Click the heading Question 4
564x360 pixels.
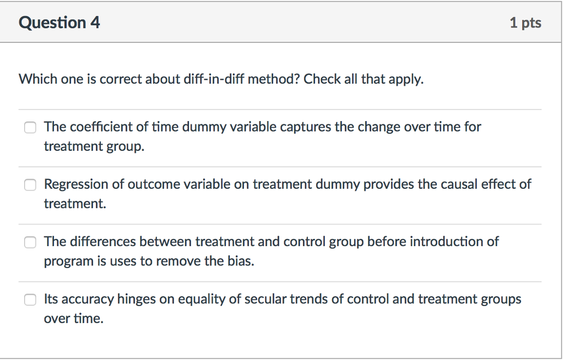59,23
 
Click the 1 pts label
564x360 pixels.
525,23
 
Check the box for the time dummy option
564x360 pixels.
30,127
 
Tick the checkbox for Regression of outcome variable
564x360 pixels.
30,185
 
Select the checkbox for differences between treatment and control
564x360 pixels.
30,242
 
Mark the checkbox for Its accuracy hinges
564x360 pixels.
30,299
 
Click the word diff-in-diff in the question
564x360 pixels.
214,79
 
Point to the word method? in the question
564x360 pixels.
274,79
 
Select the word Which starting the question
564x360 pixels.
38,79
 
